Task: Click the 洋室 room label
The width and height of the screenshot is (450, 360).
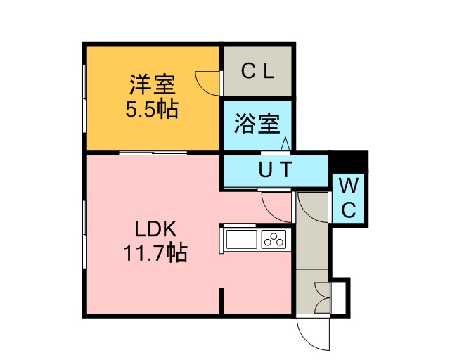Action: pos(153,84)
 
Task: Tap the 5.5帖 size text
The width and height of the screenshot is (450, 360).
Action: pos(152,109)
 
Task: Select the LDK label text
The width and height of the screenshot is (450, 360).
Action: pos(155,229)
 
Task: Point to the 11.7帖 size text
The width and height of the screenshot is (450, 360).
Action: pos(155,252)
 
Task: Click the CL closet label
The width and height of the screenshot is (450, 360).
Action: pos(257,71)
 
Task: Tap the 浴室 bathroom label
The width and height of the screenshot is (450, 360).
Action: pos(257,124)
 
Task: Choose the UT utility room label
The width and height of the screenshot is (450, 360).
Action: pos(276,169)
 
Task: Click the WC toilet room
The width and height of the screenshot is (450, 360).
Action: pos(349,198)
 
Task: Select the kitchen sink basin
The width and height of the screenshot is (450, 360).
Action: pos(241,240)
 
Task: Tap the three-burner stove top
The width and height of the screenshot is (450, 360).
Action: pos(274,240)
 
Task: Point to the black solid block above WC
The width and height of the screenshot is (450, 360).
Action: pos(350,162)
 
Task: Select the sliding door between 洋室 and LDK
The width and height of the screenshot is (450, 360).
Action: pos(153,153)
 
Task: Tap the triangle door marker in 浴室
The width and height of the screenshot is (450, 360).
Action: pos(285,144)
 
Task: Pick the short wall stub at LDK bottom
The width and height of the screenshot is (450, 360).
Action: pos(221,300)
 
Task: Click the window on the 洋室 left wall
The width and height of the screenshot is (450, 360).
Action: pos(84,98)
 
